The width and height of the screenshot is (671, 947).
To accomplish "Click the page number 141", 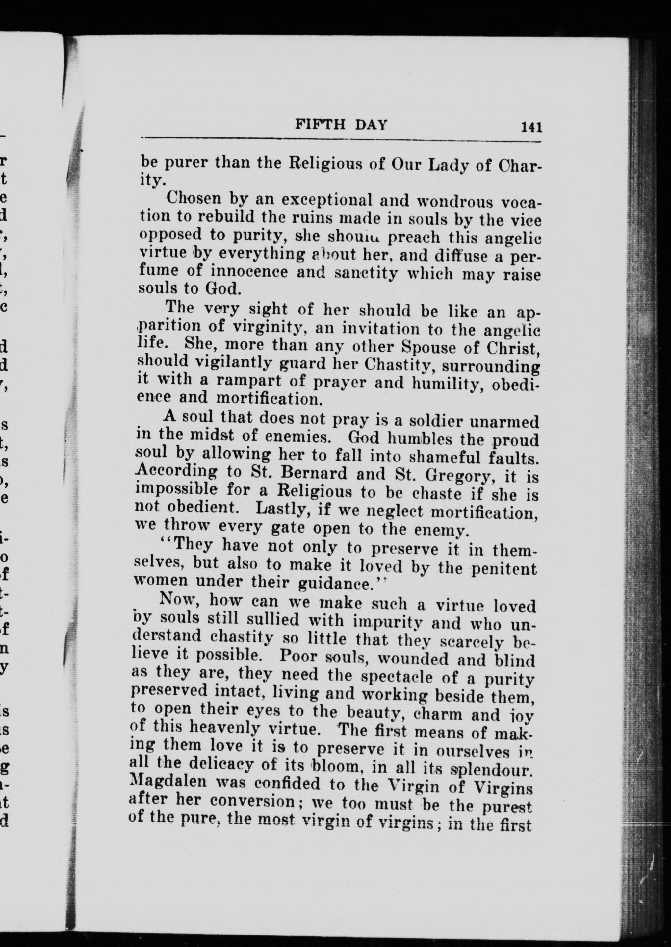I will click(x=531, y=127).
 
